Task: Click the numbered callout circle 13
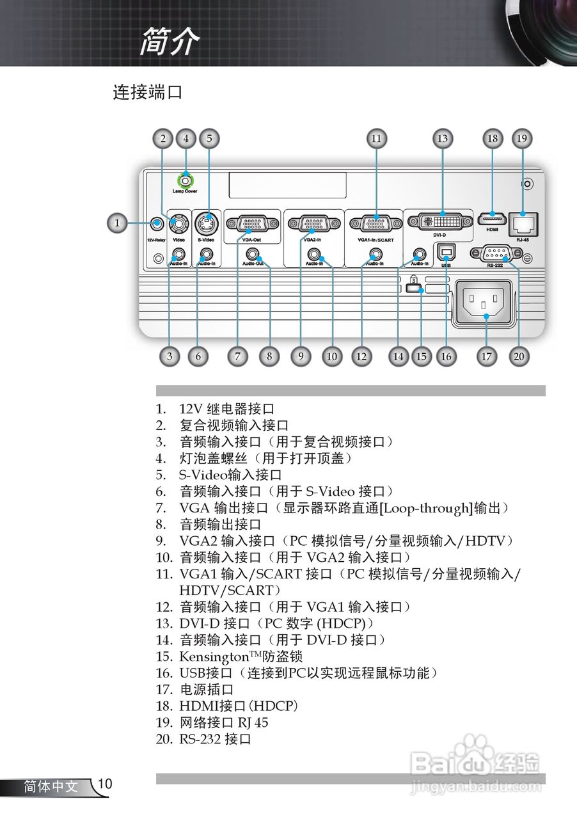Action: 441,138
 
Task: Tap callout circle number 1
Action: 116,223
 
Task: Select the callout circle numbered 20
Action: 519,356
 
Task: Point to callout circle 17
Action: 487,356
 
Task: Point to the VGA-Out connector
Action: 252,224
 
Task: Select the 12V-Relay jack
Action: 155,223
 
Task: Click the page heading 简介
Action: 170,42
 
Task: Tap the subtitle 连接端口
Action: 148,92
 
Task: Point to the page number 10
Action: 106,784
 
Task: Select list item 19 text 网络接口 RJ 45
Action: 224,723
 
